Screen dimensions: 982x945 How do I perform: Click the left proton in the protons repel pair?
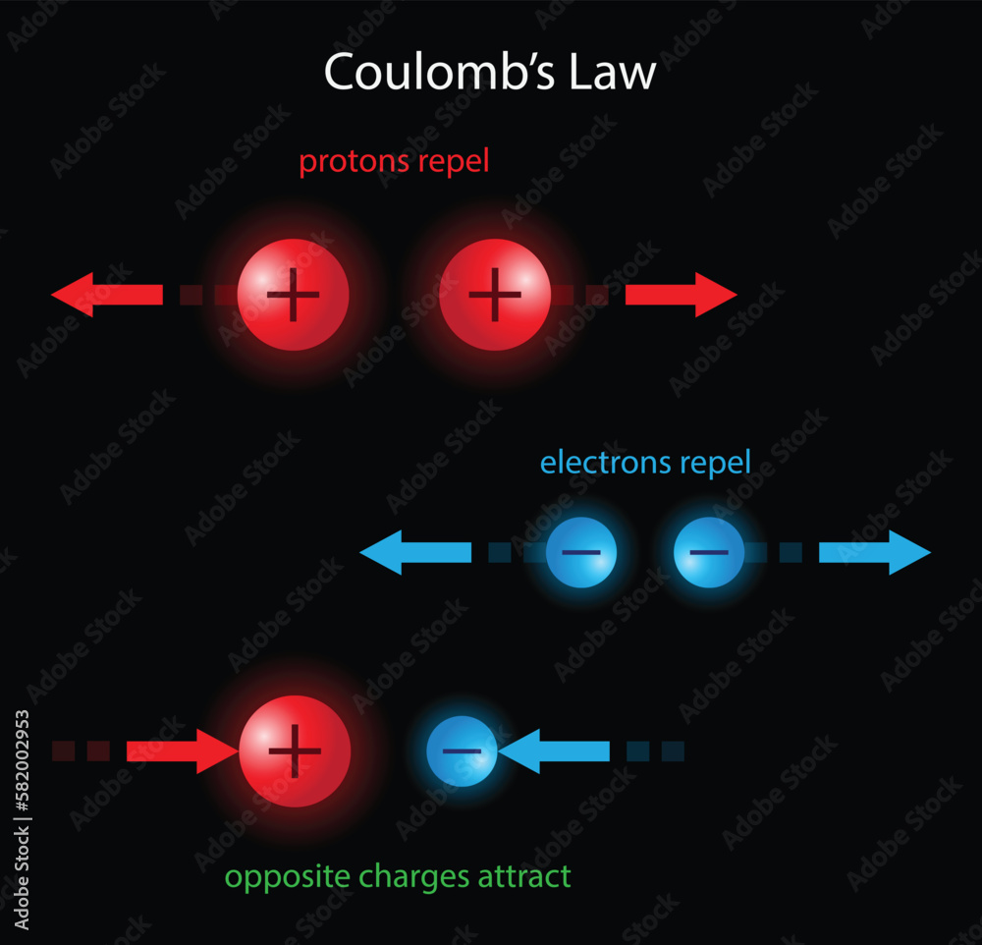tap(294, 294)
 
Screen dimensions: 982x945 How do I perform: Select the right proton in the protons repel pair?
tap(495, 294)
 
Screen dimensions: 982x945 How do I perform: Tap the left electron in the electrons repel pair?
tap(581, 552)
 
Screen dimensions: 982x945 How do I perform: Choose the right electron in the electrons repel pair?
tap(708, 552)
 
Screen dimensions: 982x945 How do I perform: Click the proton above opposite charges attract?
tap(295, 751)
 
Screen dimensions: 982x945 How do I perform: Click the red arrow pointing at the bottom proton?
tap(183, 751)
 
